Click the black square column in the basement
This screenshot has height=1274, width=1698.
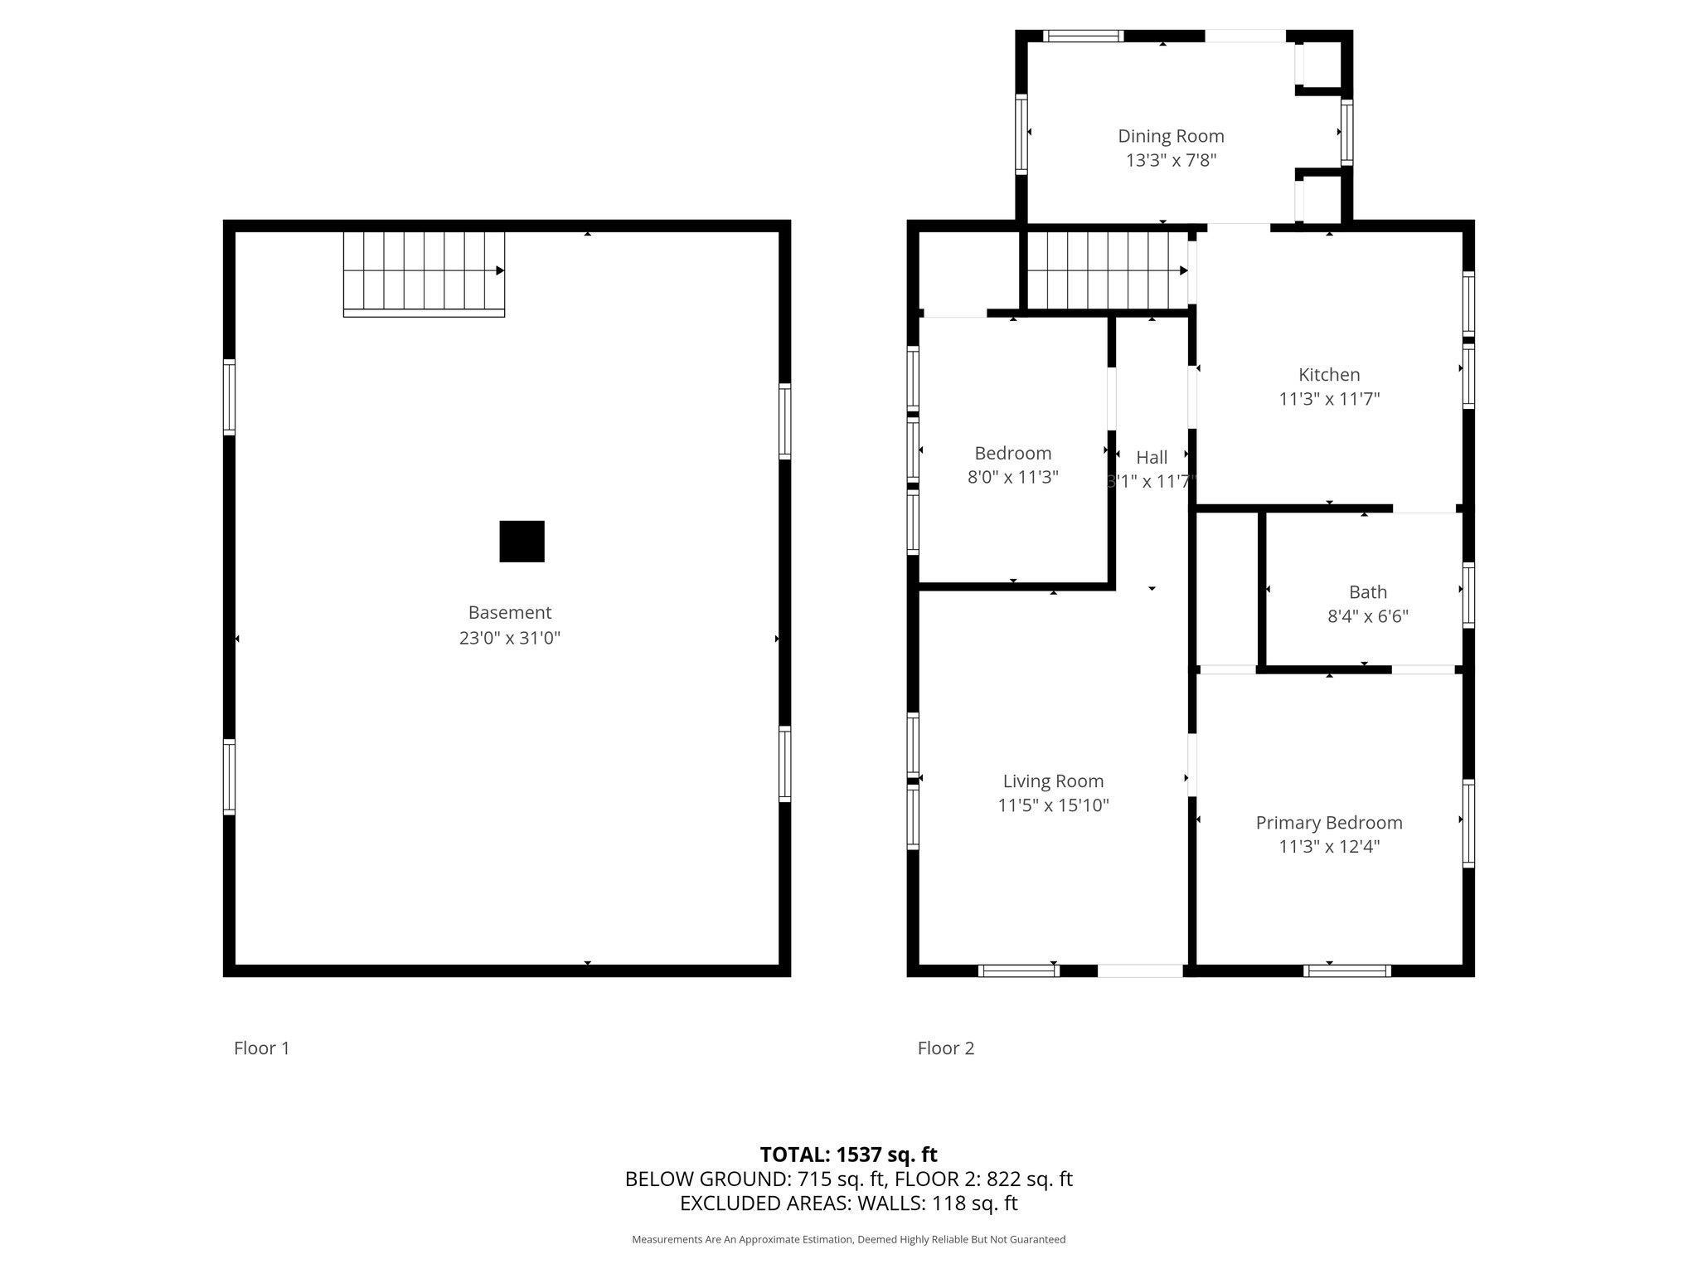[x=522, y=542]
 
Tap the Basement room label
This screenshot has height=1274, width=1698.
[x=509, y=612]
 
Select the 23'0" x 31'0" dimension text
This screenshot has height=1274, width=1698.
[x=509, y=638]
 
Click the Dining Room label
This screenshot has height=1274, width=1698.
[x=1170, y=136]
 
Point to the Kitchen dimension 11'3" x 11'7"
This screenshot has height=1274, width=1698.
[x=1328, y=399]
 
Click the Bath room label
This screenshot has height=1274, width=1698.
[x=1367, y=592]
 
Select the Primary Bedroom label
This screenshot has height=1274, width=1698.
[x=1328, y=823]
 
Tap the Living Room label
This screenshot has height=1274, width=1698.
[x=1053, y=780]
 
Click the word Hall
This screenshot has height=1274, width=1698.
[x=1151, y=457]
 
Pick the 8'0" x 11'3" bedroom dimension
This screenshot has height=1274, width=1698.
[x=1012, y=477]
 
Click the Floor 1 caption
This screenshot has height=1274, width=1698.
[x=261, y=1048]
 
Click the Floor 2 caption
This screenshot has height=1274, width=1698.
[x=945, y=1048]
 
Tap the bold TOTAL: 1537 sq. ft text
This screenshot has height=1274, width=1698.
[x=848, y=1154]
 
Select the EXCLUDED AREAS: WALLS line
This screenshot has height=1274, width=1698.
[x=848, y=1203]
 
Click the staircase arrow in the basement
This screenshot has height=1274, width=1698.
[x=500, y=270]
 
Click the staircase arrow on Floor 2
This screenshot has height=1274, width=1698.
[x=1183, y=270]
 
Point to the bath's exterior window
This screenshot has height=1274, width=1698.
[x=1468, y=595]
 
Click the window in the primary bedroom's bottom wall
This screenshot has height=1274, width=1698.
[x=1346, y=970]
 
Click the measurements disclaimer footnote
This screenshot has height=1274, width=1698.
[x=848, y=1239]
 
